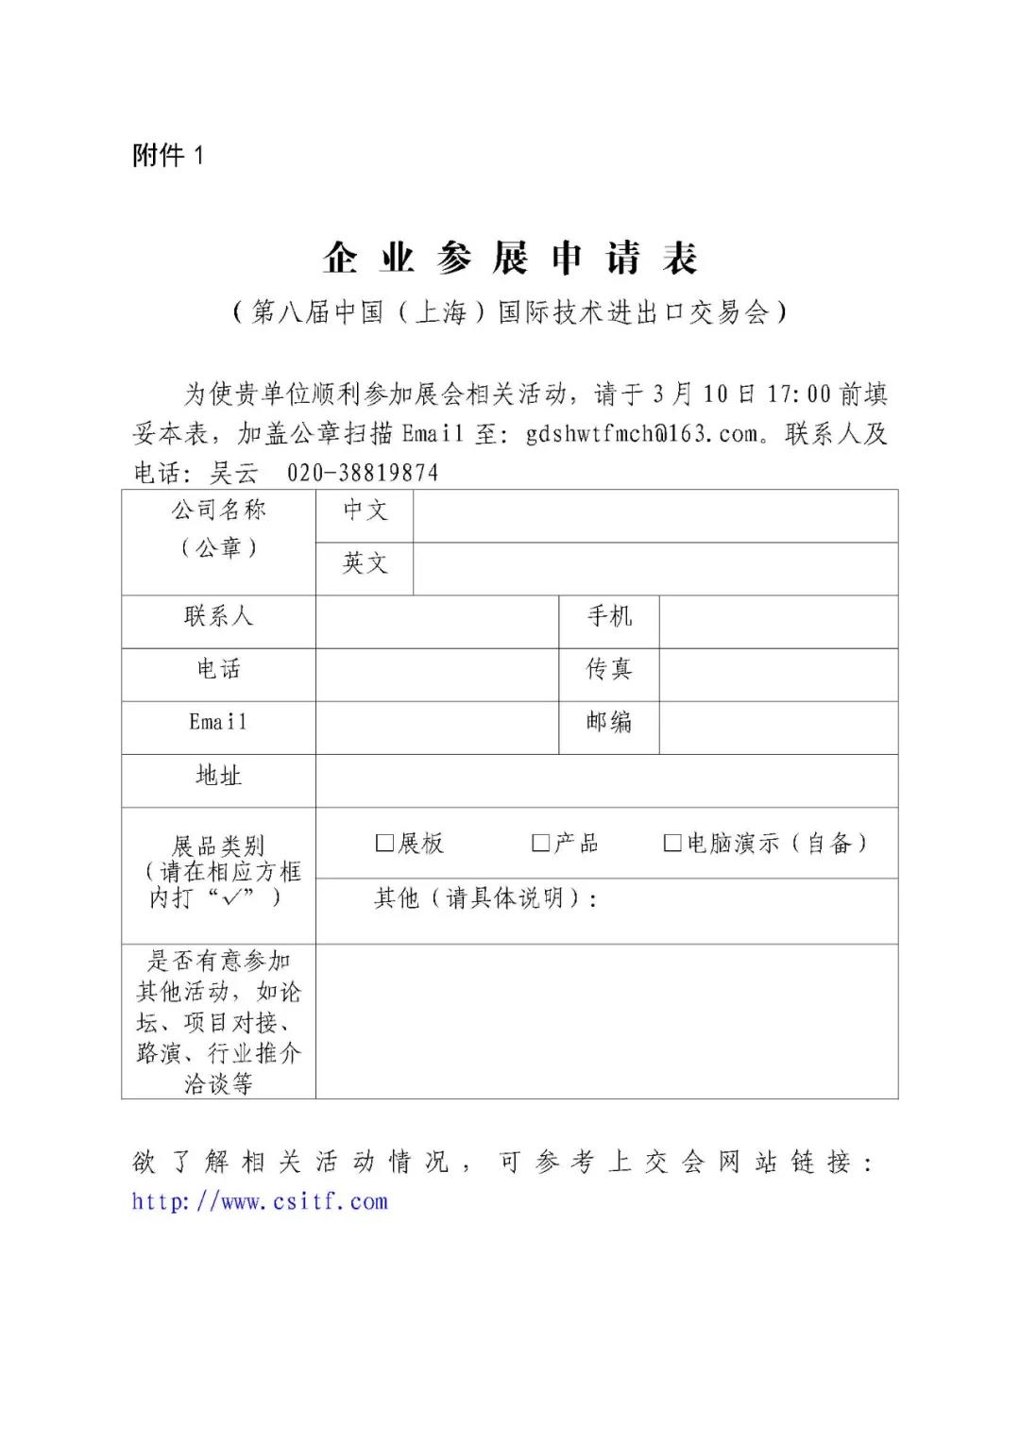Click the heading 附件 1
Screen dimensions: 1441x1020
[x=168, y=156]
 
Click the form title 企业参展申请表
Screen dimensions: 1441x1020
[x=510, y=258]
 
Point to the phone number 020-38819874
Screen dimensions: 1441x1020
[x=363, y=473]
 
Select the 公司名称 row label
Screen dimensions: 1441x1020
[x=219, y=511]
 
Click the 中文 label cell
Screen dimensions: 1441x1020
[x=365, y=511]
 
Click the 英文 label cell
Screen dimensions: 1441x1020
[x=365, y=564]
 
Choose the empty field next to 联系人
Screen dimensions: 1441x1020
[x=437, y=621]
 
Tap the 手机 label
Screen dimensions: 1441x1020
[x=609, y=617]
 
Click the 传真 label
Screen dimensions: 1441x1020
[x=609, y=670]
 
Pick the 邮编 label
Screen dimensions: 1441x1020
[x=609, y=723]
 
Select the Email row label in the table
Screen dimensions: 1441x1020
[x=218, y=723]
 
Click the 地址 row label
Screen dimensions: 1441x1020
[x=219, y=776]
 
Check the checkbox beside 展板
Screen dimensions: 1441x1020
[x=384, y=843]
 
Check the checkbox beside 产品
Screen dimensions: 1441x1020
[x=540, y=843]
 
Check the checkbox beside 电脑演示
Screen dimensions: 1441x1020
[x=672, y=843]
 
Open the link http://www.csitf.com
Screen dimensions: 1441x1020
[x=260, y=1202]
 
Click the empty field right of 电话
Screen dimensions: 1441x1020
[x=437, y=674]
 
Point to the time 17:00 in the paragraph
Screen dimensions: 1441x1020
[x=799, y=394]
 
